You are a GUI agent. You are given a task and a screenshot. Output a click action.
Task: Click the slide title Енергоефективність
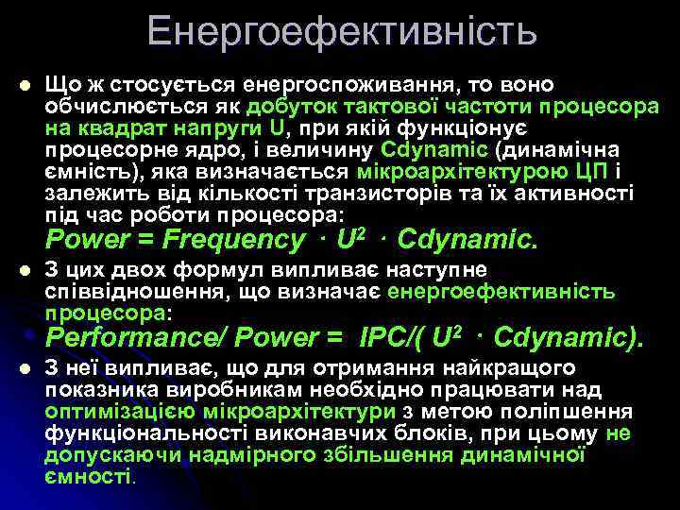[x=342, y=32]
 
